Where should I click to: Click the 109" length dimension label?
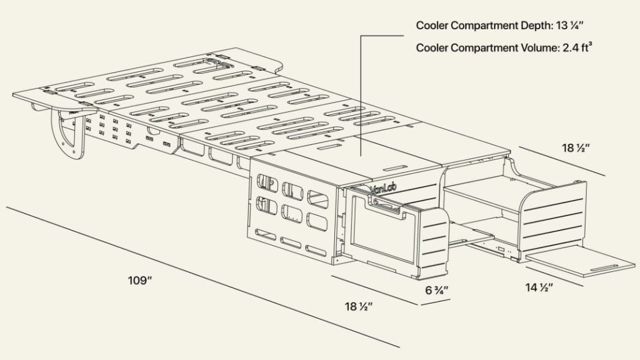tap(139, 280)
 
